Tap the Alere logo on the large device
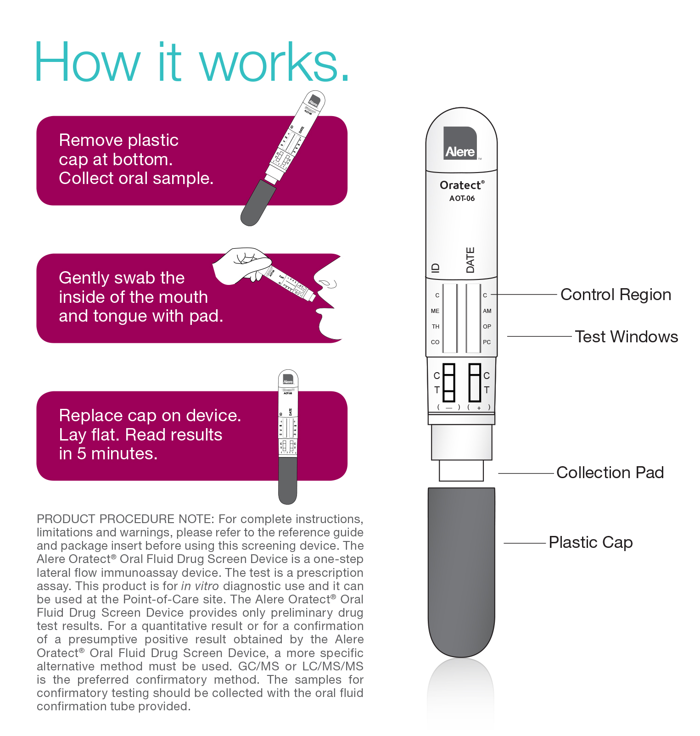pyautogui.click(x=460, y=144)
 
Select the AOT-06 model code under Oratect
pyautogui.click(x=462, y=198)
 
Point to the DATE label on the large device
pyautogui.click(x=470, y=260)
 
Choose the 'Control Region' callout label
pyautogui.click(x=616, y=295)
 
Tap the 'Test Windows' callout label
pyautogui.click(x=626, y=337)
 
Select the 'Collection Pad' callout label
pyautogui.click(x=610, y=473)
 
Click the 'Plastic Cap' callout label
pyautogui.click(x=591, y=542)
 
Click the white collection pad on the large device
pyautogui.click(x=461, y=471)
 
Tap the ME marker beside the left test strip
pyautogui.click(x=435, y=311)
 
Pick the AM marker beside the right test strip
pyautogui.click(x=487, y=311)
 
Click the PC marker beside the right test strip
pyautogui.click(x=487, y=342)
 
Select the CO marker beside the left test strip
pyautogui.click(x=435, y=342)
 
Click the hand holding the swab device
pyautogui.click(x=239, y=265)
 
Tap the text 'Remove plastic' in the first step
pyautogui.click(x=118, y=140)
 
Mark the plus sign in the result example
pyautogui.click(x=479, y=408)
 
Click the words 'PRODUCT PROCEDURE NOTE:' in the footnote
pyautogui.click(x=125, y=519)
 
